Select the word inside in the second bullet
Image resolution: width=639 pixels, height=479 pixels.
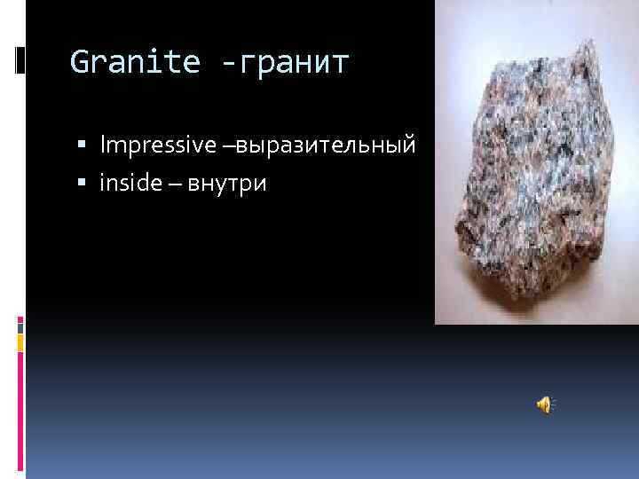128,184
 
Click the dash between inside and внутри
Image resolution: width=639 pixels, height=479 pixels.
170,185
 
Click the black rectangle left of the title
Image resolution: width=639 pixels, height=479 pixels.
20,60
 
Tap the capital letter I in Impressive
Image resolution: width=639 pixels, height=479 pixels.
103,144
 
